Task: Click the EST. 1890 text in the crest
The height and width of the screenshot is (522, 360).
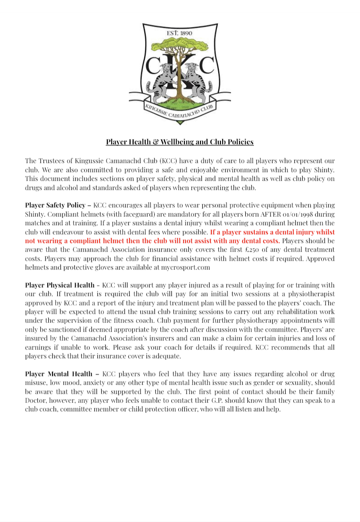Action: point(180,33)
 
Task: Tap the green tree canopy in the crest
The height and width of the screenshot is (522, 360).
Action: point(180,45)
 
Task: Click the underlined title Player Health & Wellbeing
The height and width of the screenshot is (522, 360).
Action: point(180,142)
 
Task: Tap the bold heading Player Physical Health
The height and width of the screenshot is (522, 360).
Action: point(60,285)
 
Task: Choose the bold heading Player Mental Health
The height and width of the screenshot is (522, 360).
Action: point(59,374)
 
